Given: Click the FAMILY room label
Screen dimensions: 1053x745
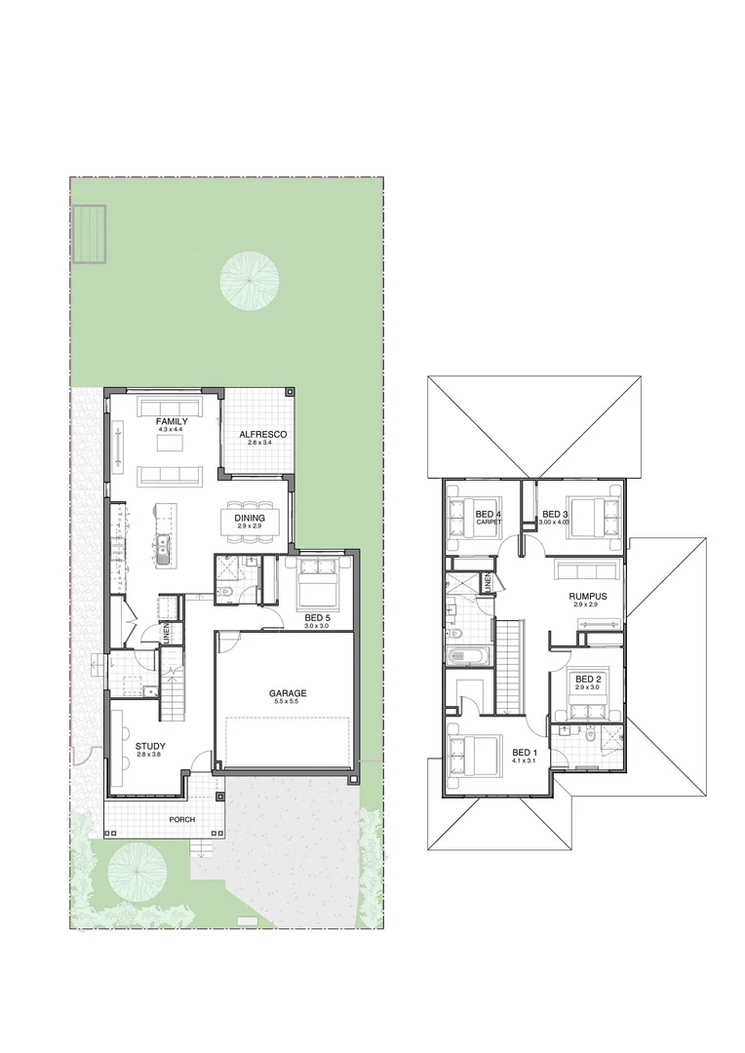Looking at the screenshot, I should pos(172,421).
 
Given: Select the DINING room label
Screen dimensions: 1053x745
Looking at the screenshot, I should pos(250,518).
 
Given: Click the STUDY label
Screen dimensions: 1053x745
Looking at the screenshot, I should pos(150,746).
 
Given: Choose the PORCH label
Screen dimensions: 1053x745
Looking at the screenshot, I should pos(182,819).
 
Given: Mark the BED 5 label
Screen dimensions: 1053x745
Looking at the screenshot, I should pos(317,617).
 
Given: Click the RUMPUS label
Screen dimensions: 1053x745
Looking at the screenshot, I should pos(588,596).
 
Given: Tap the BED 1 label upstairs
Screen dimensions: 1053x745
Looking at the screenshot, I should pos(525,752).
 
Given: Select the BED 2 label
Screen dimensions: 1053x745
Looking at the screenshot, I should pos(588,680).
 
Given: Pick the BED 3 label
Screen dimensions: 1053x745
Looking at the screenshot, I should pos(555,514).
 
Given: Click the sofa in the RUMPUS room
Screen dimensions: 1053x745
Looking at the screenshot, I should pos(587,569).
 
